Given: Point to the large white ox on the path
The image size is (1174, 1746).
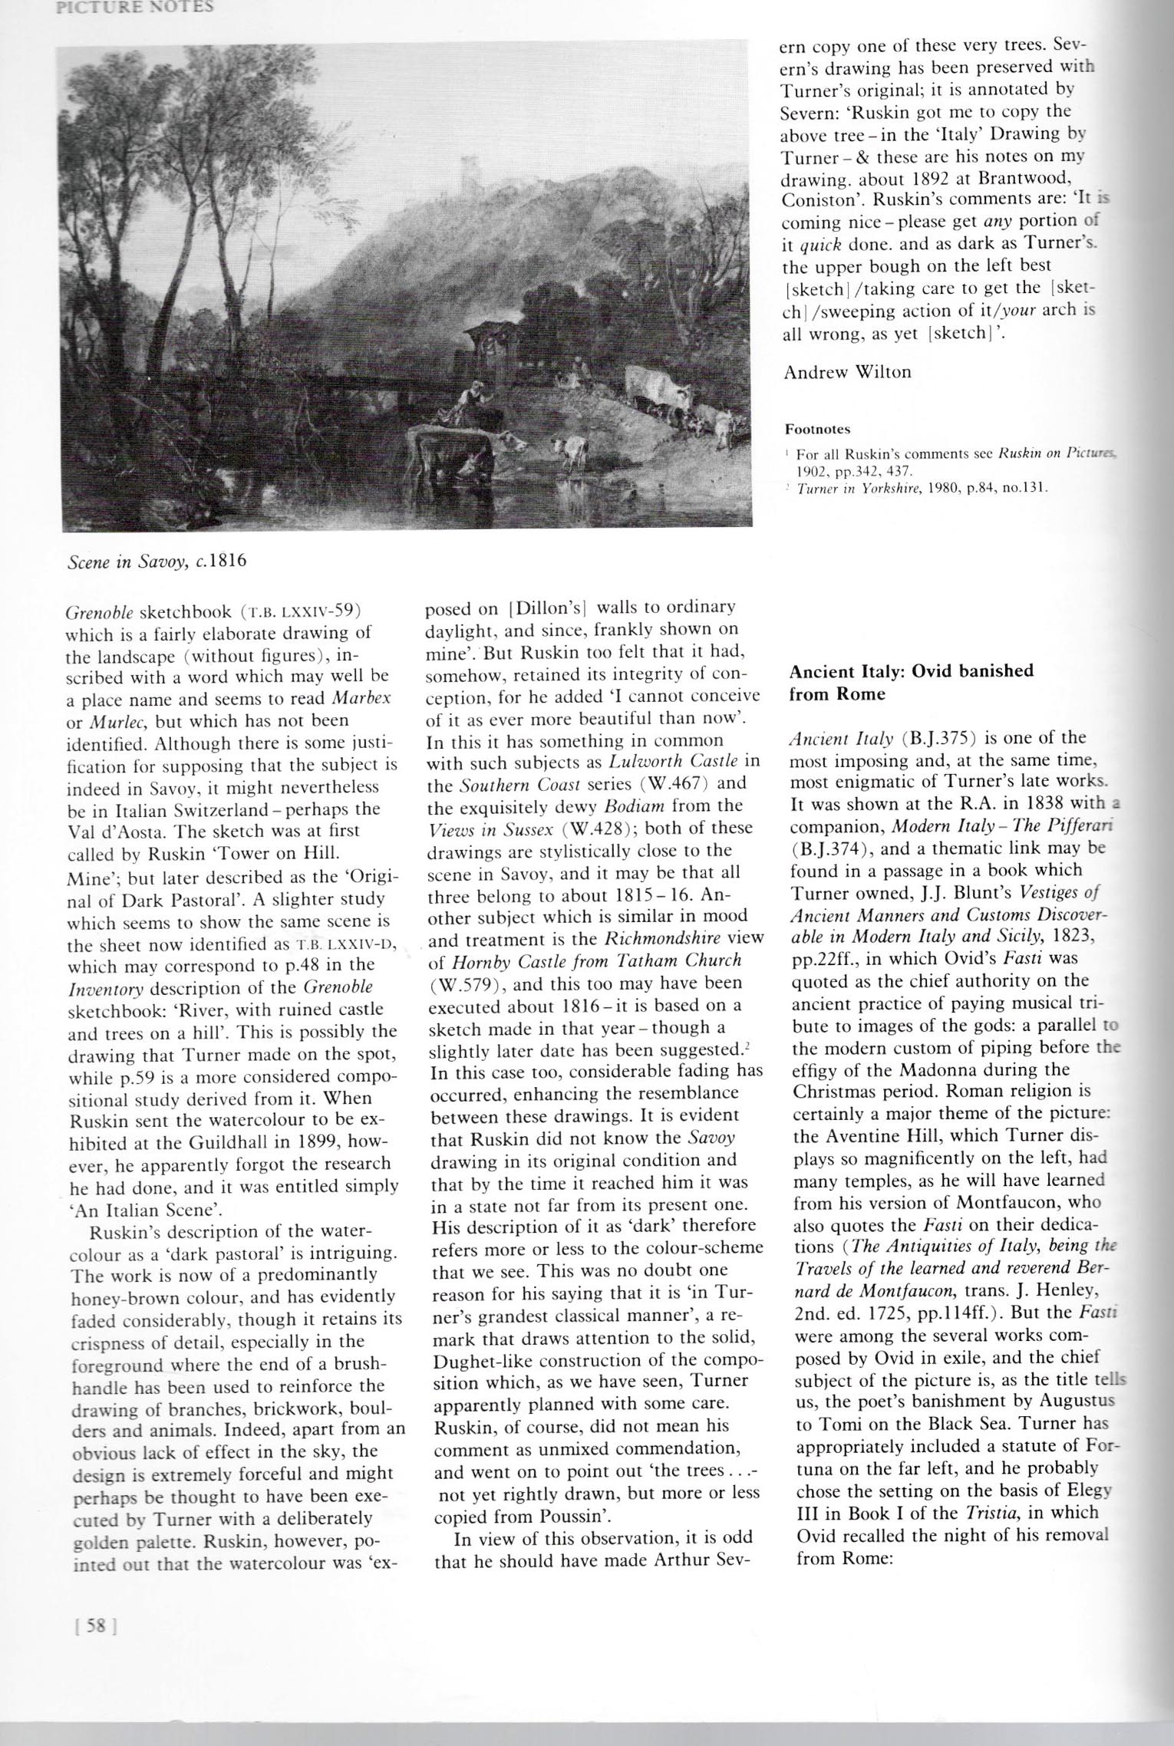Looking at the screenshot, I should point(652,381).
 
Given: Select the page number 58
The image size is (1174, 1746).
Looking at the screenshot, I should point(89,1644).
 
